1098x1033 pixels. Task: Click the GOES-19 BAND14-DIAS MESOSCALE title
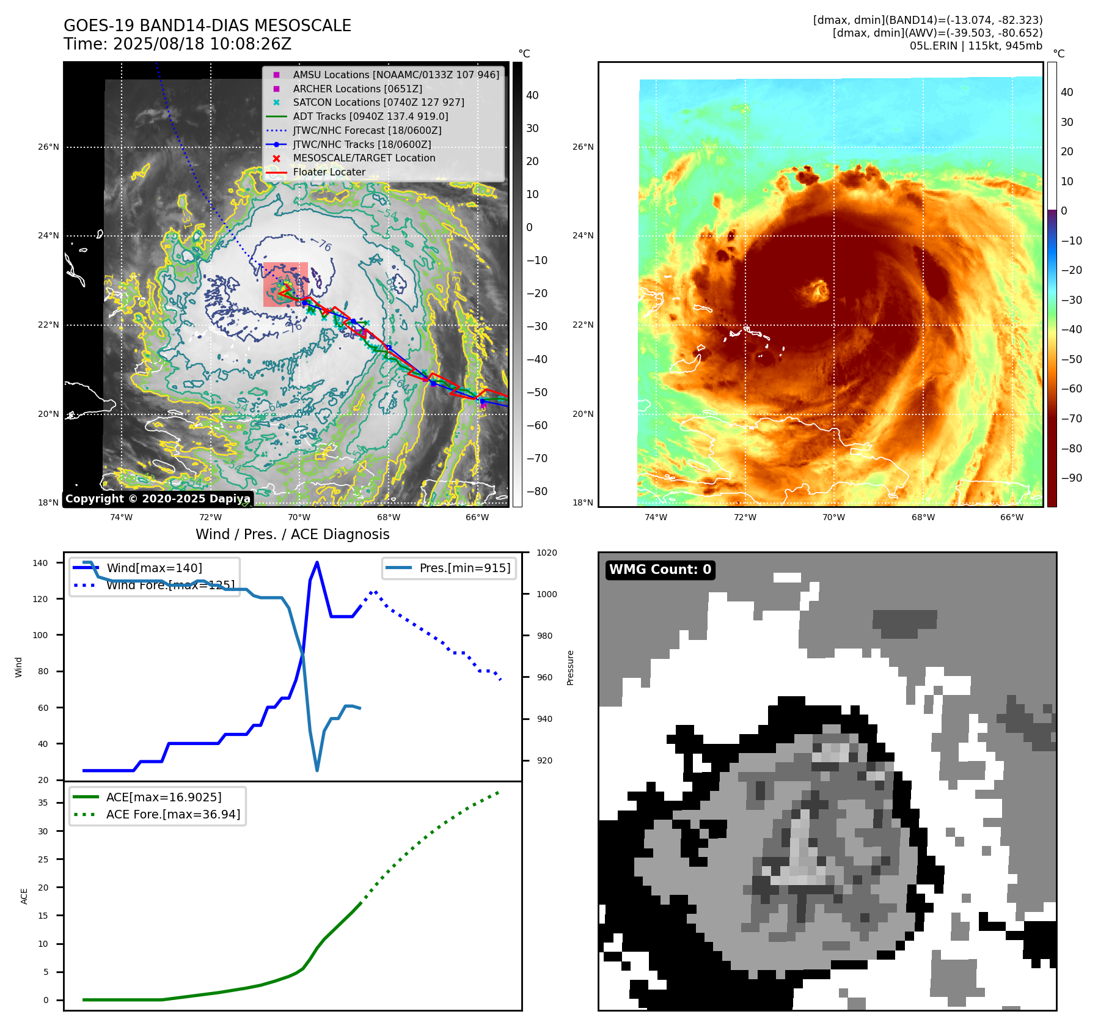(x=207, y=26)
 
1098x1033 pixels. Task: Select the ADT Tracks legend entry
(x=370, y=116)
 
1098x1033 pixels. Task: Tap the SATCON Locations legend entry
(x=378, y=102)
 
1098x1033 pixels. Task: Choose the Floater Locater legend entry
(x=329, y=172)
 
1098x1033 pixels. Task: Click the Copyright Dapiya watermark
(x=158, y=499)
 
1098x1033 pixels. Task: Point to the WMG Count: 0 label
(x=660, y=570)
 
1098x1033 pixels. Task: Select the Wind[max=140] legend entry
(x=154, y=568)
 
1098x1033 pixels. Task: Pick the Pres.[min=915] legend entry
(x=464, y=568)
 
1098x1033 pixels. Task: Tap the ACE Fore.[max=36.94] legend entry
(x=173, y=814)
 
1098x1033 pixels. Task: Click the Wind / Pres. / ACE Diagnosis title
(x=292, y=534)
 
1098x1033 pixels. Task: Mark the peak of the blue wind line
(x=317, y=562)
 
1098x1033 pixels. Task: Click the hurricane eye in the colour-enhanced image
(x=818, y=291)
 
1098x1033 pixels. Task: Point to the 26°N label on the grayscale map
(x=49, y=147)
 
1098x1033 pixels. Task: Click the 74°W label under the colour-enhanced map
(x=656, y=517)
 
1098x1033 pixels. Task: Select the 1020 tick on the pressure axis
(x=547, y=553)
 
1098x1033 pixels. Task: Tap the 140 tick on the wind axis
(x=40, y=563)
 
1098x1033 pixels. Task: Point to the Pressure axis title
(x=570, y=667)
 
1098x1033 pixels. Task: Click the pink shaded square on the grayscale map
(x=285, y=284)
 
